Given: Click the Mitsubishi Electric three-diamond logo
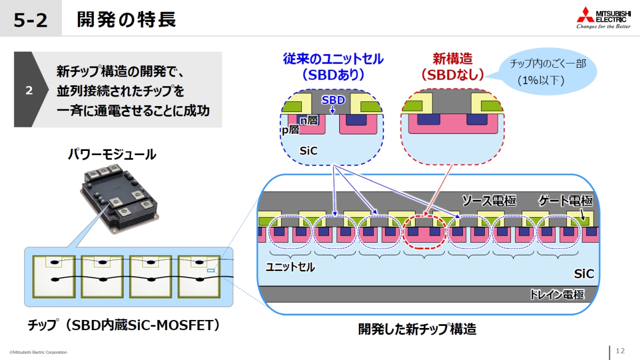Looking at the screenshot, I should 585,15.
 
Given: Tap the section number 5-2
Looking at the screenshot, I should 30,20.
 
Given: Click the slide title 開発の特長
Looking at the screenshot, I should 126,20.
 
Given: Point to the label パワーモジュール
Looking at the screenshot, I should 111,155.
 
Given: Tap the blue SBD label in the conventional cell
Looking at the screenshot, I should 333,100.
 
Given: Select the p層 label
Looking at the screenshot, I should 290,129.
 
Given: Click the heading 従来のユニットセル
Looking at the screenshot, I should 333,59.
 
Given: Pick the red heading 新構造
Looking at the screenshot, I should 452,59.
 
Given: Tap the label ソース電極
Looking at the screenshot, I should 489,201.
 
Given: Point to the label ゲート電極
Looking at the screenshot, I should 565,201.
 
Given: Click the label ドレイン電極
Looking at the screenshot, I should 556,295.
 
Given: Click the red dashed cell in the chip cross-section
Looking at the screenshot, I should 425,233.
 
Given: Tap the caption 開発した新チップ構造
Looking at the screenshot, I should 417,329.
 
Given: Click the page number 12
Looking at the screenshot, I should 620,351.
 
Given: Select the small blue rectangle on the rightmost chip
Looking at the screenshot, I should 211,271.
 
